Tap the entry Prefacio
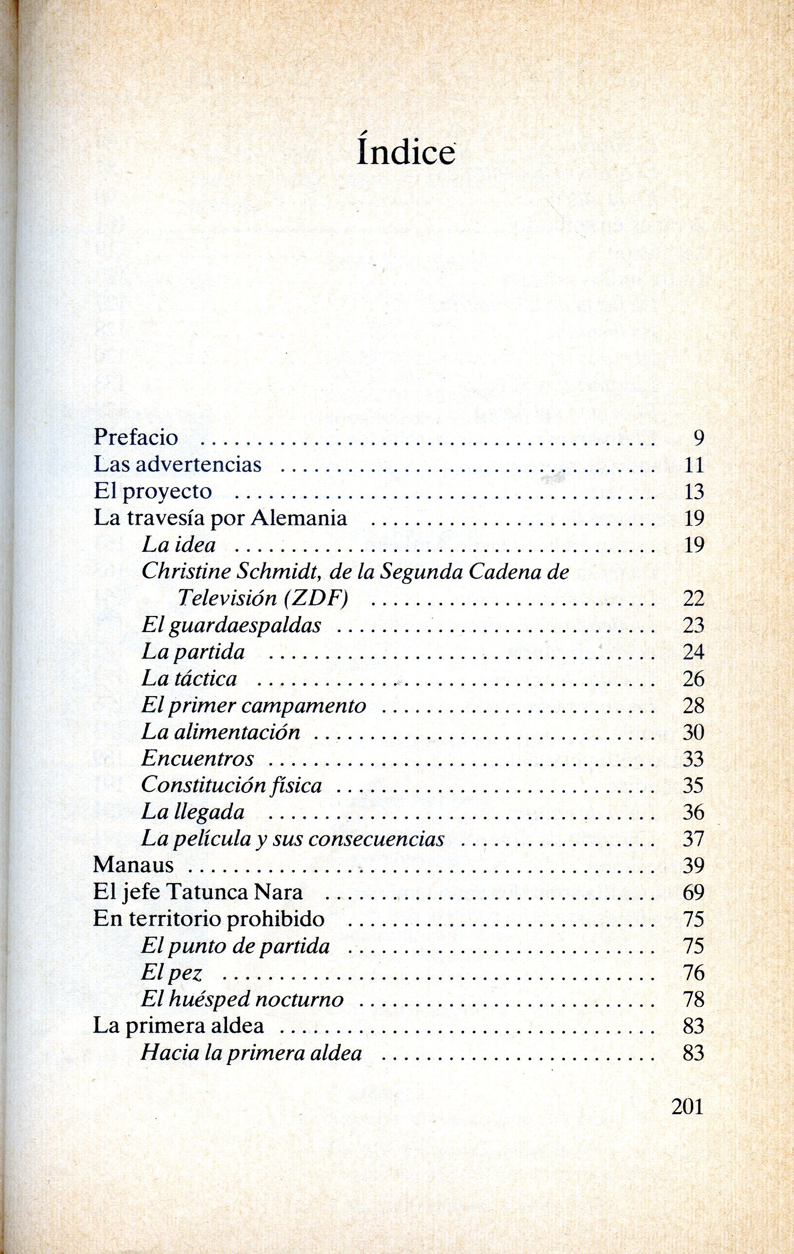(x=135, y=438)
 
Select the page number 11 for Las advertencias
(x=693, y=465)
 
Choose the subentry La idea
(x=179, y=545)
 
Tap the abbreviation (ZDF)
(x=316, y=598)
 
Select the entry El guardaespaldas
(x=231, y=625)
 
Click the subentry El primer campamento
(x=254, y=706)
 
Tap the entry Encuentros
(x=197, y=758)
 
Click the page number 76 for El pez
(x=693, y=973)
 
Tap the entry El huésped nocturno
(x=242, y=999)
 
